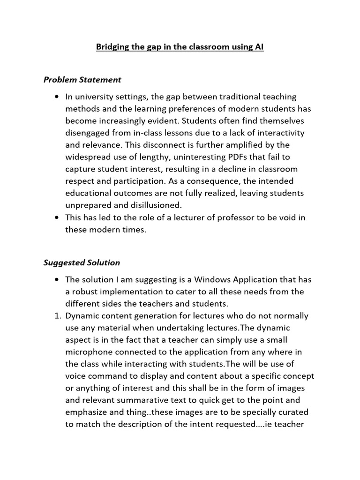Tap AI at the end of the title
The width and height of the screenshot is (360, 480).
click(259, 47)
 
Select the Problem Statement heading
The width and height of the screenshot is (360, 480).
click(82, 80)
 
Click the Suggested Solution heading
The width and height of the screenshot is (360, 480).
click(82, 262)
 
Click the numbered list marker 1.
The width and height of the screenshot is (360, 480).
click(57, 316)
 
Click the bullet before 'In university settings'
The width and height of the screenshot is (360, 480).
click(57, 97)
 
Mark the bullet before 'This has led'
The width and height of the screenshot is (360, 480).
click(57, 218)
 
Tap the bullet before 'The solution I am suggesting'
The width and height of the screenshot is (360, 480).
click(57, 280)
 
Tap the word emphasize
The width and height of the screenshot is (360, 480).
click(86, 412)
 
